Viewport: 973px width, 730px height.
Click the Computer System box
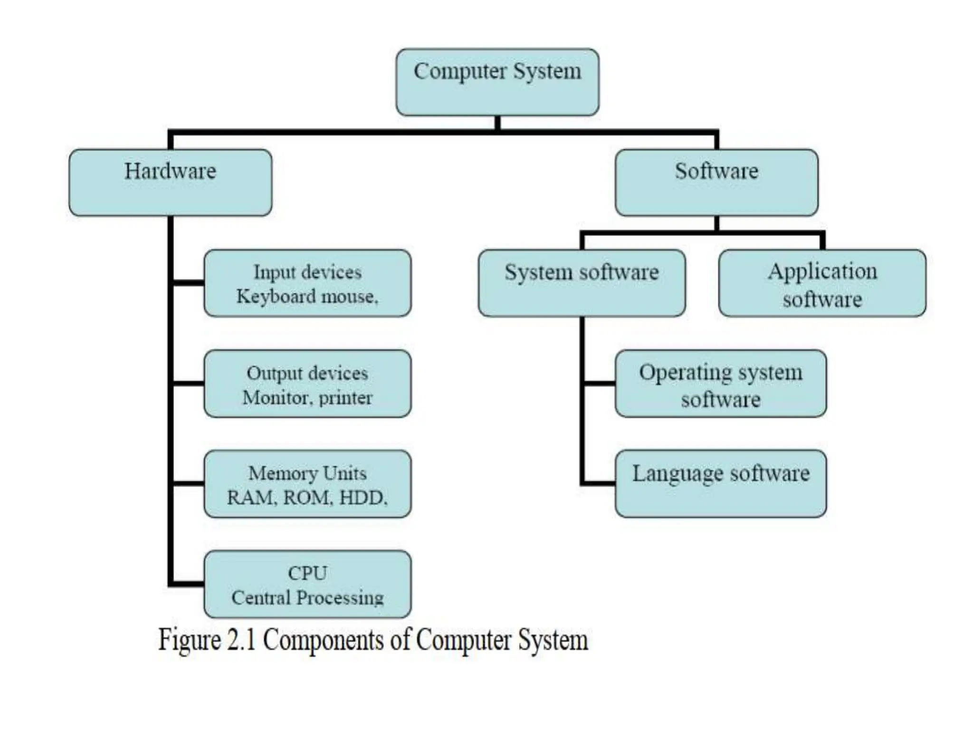[x=497, y=82]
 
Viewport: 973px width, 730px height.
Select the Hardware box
[x=170, y=182]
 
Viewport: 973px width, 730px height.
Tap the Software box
[x=716, y=182]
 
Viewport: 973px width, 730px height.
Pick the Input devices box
[x=307, y=283]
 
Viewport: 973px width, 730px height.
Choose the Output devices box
[x=307, y=384]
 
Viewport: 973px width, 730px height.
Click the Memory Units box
[x=307, y=484]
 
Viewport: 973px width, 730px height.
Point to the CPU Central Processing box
[x=307, y=584]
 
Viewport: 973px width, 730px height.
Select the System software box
[x=582, y=283]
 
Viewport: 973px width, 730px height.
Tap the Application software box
[x=822, y=283]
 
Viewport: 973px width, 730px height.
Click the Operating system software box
[x=720, y=384]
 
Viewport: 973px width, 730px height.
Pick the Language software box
[x=720, y=484]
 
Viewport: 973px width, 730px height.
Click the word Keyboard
[x=276, y=297]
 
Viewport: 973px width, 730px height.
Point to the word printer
[x=345, y=398]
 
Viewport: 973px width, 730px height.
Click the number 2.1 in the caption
[x=241, y=640]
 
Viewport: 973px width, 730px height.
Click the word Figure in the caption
[x=189, y=641]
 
